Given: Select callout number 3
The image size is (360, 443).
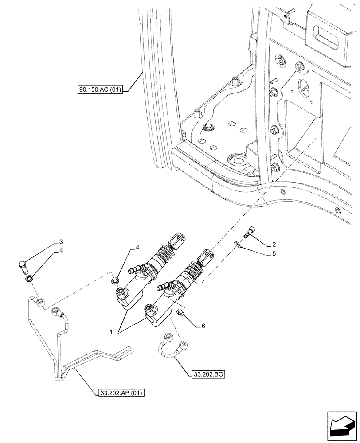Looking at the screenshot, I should point(62,242).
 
